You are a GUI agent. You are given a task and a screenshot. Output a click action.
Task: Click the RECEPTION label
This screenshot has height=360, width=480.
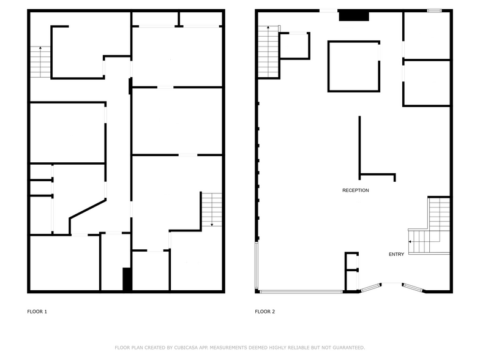coord(355,190)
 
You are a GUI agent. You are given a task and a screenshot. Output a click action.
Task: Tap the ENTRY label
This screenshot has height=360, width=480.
coord(396,254)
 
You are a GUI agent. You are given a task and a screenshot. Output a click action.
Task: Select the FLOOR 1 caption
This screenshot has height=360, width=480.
coord(37,312)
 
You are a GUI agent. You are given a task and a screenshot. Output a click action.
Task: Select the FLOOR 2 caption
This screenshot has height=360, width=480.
coord(264,312)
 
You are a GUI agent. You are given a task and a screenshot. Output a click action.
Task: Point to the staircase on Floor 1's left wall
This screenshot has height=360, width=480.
coord(40,62)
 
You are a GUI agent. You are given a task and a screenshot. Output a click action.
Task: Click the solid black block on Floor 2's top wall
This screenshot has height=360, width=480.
coord(351,16)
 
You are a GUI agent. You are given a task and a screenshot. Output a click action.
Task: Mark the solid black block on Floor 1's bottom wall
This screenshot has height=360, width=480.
coord(127,279)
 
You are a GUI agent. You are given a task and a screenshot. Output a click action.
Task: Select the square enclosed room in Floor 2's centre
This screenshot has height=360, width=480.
coord(353,66)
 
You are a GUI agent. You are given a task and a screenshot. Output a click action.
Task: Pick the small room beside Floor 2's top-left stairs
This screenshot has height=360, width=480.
coord(294,46)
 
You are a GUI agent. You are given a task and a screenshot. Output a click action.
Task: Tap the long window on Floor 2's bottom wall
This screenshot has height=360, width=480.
coord(300,291)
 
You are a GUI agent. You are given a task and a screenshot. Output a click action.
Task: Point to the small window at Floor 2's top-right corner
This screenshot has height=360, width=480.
coord(434,10)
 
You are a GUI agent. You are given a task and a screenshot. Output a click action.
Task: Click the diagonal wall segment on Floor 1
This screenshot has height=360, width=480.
coord(88,208)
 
